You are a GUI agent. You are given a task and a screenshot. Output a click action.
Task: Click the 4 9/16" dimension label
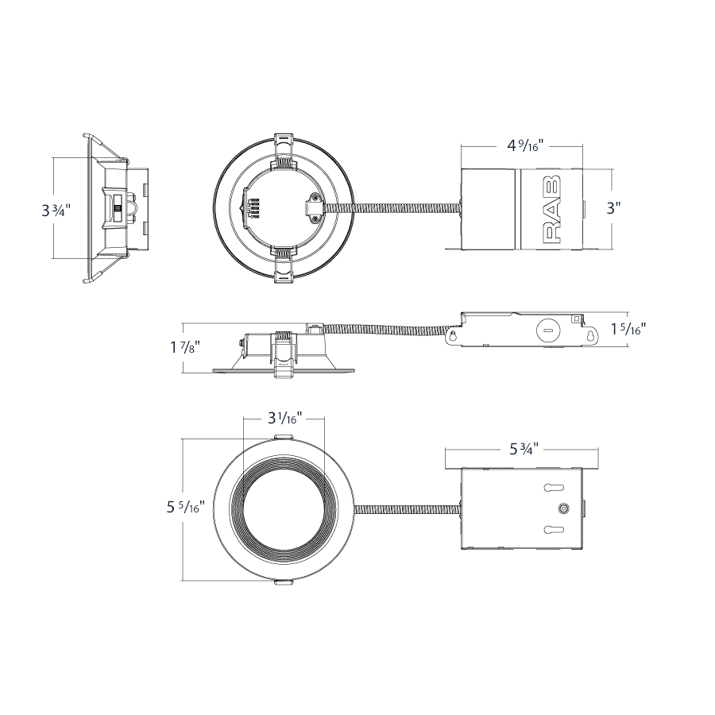(x=525, y=146)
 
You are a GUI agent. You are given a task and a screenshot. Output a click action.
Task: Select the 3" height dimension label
(x=613, y=208)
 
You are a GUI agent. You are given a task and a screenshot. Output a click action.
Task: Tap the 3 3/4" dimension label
(x=56, y=211)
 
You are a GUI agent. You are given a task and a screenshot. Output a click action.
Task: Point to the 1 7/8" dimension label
(x=185, y=347)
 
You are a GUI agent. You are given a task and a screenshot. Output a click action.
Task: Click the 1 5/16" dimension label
(x=628, y=328)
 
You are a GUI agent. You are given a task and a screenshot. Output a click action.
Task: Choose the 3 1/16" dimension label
(x=284, y=417)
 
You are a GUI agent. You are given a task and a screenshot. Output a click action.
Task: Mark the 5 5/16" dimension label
(x=185, y=507)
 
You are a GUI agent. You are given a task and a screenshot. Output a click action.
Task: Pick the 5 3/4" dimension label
(x=524, y=449)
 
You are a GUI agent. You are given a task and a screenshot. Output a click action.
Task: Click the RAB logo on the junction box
(x=553, y=208)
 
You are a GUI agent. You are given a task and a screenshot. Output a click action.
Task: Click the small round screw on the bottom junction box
(x=565, y=508)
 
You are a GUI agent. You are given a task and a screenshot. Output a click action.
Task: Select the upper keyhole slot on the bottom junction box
(x=554, y=488)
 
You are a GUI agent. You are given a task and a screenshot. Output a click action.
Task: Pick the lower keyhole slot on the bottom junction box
(x=554, y=529)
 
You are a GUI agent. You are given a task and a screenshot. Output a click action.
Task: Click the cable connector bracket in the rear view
(x=314, y=207)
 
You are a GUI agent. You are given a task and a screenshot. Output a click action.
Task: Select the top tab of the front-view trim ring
(x=283, y=437)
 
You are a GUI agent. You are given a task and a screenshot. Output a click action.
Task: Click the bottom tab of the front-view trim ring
(x=283, y=582)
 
